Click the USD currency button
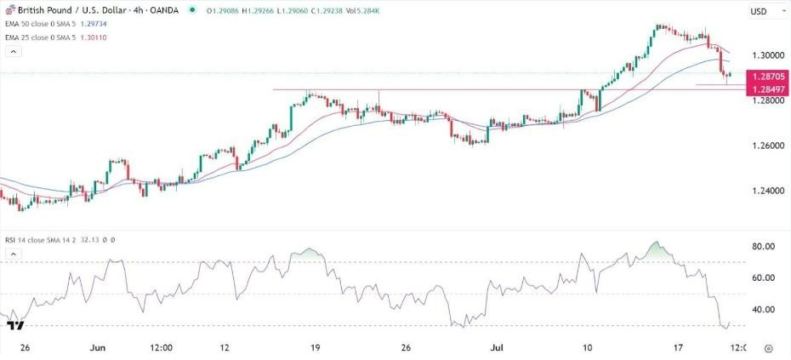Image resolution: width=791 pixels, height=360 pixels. [759, 11]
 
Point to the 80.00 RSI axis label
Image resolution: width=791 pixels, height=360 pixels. [765, 246]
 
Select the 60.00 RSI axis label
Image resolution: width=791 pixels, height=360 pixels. [765, 277]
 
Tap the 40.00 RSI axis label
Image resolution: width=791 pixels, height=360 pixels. [765, 310]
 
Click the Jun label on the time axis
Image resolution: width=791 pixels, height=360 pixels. [97, 348]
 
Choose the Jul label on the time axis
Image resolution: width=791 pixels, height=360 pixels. [494, 348]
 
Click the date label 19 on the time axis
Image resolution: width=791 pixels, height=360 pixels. [315, 348]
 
